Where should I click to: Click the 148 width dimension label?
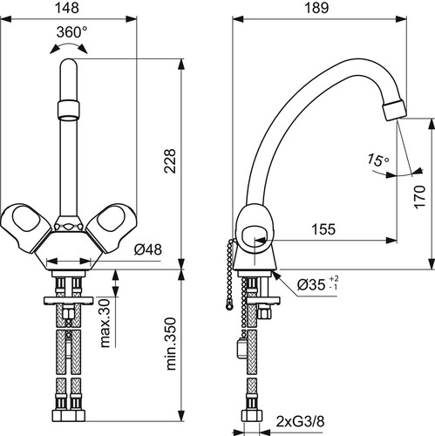pyautogui.click(x=67, y=8)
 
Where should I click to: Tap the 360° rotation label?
pyautogui.click(x=71, y=32)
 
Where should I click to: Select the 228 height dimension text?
pyautogui.click(x=170, y=161)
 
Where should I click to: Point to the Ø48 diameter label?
pyautogui.click(x=148, y=249)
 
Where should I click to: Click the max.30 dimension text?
pyautogui.click(x=105, y=324)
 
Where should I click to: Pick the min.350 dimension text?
pyautogui.click(x=171, y=344)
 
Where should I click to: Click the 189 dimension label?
pyautogui.click(x=316, y=8)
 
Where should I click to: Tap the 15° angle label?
pyautogui.click(x=378, y=160)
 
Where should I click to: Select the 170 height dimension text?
pyautogui.click(x=419, y=196)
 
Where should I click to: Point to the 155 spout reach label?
pyautogui.click(x=323, y=229)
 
